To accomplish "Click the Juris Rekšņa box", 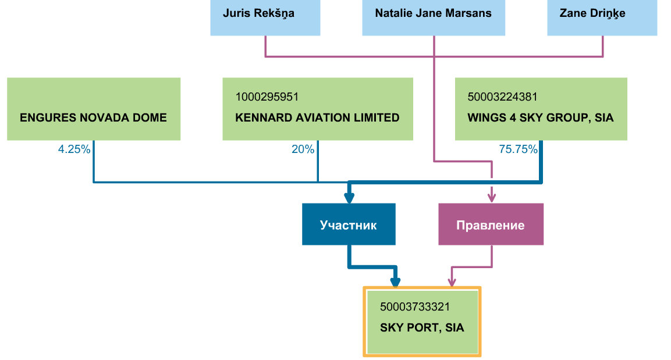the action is click(265, 17).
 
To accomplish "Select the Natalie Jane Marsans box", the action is click(434, 17).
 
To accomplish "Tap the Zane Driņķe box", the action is click(602, 17).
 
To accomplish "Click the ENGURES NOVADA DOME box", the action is click(94, 109).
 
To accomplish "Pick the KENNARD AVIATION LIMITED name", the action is click(317, 117).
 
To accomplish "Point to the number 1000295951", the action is click(267, 97).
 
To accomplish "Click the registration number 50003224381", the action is click(502, 97).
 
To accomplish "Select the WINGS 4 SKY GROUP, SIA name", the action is click(541, 117).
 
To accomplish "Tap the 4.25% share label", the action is click(74, 149).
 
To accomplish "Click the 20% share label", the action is click(303, 149).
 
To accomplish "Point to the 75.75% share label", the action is click(518, 149).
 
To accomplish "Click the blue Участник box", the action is click(349, 224).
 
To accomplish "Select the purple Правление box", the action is click(491, 224).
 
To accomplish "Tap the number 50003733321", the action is click(415, 307).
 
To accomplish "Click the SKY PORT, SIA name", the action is click(422, 328).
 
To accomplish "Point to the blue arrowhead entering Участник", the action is click(349, 198).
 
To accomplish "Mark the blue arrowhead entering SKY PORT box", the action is click(395, 281).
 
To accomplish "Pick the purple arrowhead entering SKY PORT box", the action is click(452, 281).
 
